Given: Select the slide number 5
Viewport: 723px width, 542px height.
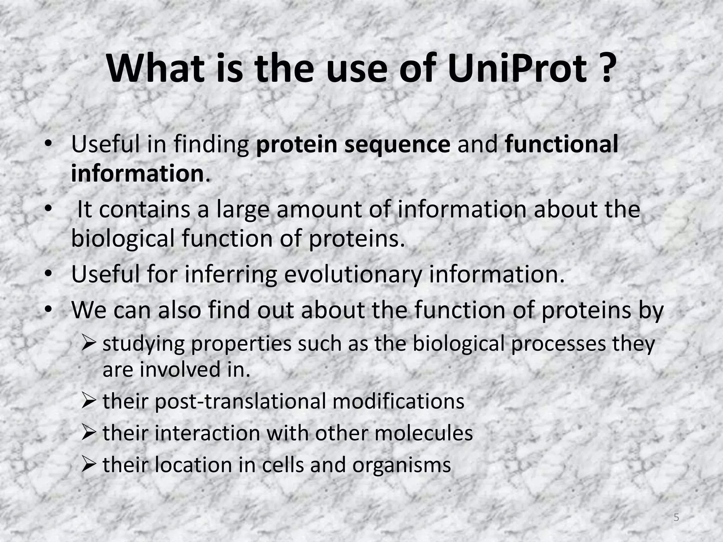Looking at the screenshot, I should point(676,518).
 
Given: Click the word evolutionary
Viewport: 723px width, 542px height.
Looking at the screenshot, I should point(353,275).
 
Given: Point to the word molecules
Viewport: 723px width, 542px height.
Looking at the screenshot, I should point(424,433).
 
